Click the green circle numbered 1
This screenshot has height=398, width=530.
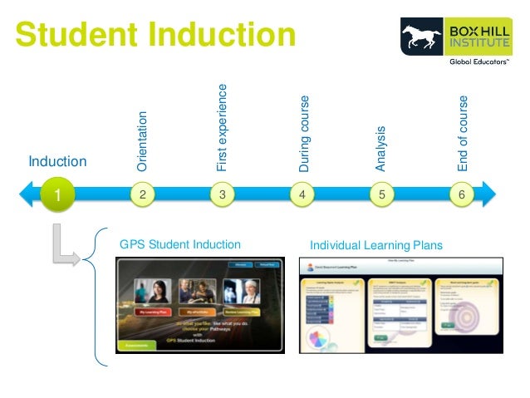coord(56,195)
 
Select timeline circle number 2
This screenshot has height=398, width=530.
coord(143,194)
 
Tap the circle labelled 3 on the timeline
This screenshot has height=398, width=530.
coord(223,194)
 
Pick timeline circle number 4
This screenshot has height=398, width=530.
coord(302,194)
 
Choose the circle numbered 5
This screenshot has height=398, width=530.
coord(381,194)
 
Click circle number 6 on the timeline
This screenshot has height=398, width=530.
coord(461,194)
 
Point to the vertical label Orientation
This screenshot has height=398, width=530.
coord(143,142)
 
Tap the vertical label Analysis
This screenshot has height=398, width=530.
coord(381,149)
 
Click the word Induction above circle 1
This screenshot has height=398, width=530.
coord(57,160)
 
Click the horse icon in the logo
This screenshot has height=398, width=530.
coord(422,37)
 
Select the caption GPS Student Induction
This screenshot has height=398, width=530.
coord(180,244)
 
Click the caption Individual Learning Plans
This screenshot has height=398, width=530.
coord(376,245)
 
